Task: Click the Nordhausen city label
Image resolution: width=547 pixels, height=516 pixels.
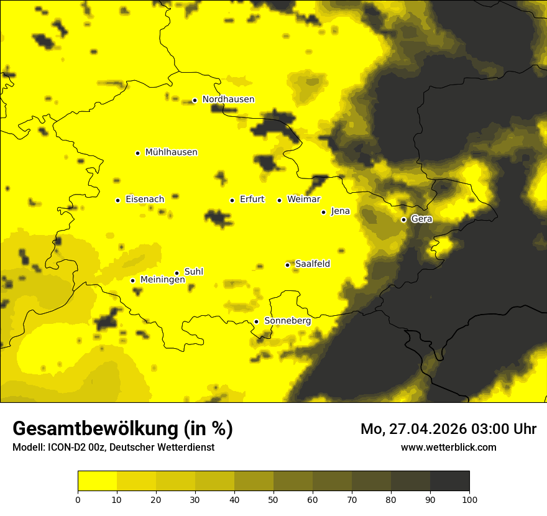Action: [228, 99]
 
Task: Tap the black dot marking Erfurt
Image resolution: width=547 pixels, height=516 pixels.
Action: [232, 200]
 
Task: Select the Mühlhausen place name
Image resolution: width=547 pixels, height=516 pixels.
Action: [171, 152]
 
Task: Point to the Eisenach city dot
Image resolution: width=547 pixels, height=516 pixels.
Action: [117, 200]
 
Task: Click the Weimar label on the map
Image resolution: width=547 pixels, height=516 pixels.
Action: [303, 200]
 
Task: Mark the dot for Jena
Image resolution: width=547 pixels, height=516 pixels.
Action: [323, 212]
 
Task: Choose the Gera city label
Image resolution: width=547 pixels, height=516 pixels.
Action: [421, 219]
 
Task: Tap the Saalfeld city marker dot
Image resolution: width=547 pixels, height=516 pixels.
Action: [287, 265]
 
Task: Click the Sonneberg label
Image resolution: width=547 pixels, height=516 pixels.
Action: [287, 321]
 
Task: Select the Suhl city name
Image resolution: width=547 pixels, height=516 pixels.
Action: [194, 272]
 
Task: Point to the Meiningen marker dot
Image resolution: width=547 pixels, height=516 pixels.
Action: [132, 280]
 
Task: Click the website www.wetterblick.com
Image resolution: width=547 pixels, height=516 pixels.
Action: [448, 447]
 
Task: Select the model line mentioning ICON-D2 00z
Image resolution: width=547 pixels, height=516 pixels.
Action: [113, 447]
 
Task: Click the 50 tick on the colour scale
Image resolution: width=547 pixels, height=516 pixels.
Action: [273, 499]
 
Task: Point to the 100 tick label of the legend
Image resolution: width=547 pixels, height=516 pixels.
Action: [469, 499]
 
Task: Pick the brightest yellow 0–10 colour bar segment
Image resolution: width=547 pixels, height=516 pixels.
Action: [98, 481]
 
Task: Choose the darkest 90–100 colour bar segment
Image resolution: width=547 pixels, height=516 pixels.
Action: [449, 481]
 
